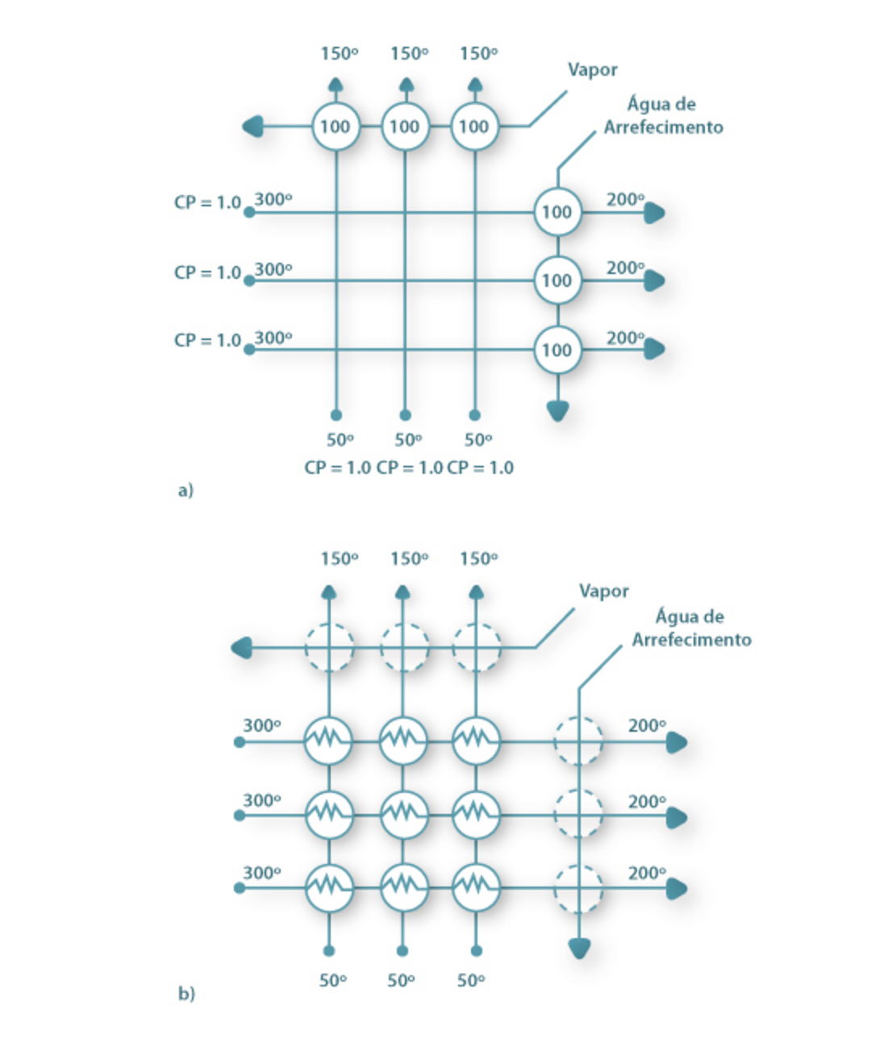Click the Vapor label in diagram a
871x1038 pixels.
pos(592,70)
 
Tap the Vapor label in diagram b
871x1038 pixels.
pos(603,592)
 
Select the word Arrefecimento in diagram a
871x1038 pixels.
pos(663,127)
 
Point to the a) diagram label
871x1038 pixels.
pos(185,490)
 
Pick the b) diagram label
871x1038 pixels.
pos(186,994)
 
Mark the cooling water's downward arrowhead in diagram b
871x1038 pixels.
pos(579,949)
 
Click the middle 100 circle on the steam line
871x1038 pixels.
pos(405,127)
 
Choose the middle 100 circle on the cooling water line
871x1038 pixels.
pos(556,280)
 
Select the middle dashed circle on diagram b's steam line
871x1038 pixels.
pos(403,647)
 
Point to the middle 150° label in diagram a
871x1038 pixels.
pos(409,54)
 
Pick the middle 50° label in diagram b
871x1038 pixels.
pos(401,981)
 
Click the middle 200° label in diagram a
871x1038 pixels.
pos(625,268)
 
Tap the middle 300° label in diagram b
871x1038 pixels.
pos(262,801)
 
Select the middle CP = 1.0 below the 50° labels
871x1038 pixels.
pos(409,468)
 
